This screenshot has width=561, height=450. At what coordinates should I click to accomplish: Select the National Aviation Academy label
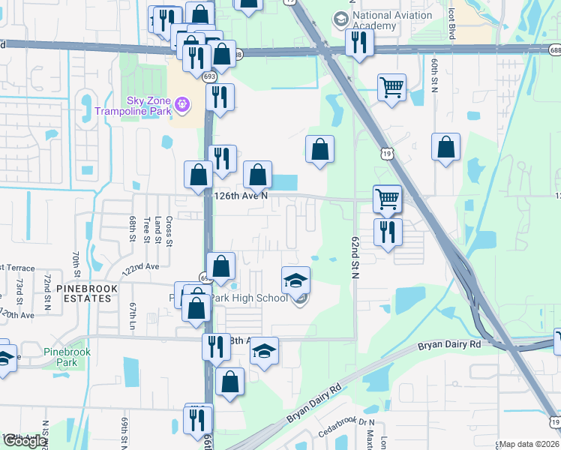pyautogui.click(x=373, y=20)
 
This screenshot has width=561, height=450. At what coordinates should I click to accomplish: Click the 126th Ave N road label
pyautogui.click(x=241, y=195)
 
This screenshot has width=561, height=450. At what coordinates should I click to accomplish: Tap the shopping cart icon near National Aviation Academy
pyautogui.click(x=391, y=88)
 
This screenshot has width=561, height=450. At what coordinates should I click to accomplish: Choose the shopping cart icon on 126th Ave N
pyautogui.click(x=387, y=199)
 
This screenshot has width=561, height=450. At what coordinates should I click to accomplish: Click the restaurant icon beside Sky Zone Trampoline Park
pyautogui.click(x=220, y=97)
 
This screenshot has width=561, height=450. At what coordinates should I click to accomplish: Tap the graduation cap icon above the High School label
pyautogui.click(x=295, y=280)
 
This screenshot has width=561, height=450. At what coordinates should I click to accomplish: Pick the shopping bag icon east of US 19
pyautogui.click(x=445, y=148)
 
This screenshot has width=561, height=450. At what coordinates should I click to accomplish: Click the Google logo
pyautogui.click(x=25, y=442)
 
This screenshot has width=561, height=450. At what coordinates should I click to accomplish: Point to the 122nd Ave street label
pyautogui.click(x=142, y=266)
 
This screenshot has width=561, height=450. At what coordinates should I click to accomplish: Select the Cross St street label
pyautogui.click(x=169, y=229)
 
